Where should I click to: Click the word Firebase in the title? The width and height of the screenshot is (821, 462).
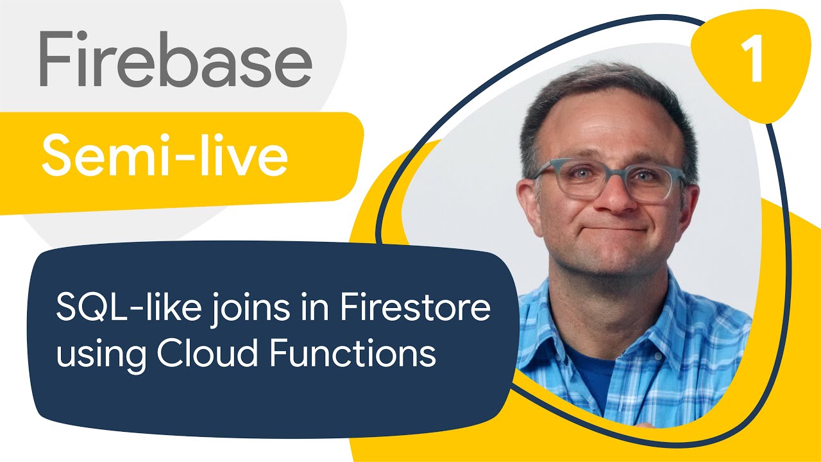tap(176, 58)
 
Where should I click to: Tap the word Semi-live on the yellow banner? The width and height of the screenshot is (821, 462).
tap(165, 155)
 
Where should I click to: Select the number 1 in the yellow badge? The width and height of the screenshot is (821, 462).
tap(752, 58)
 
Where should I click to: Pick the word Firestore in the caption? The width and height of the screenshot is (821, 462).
tap(415, 307)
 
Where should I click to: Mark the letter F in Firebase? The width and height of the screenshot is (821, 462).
tap(56, 58)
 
